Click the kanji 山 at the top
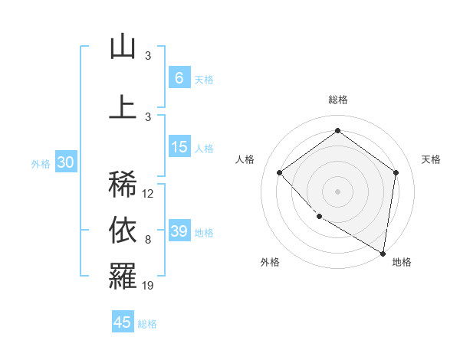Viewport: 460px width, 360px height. [123, 47]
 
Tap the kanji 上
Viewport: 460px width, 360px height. [123, 106]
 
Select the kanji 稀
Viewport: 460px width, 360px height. [123, 185]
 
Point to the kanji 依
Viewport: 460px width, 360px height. [123, 230]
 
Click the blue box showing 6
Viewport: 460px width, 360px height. [179, 78]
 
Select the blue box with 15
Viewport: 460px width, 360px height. [179, 147]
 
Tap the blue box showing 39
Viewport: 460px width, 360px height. [179, 231]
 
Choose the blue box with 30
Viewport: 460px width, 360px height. [66, 162]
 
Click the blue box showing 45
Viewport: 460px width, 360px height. [123, 322]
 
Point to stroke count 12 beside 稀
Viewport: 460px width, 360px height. [148, 194]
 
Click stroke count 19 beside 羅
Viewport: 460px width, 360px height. [148, 286]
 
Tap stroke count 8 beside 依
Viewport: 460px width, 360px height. [147, 240]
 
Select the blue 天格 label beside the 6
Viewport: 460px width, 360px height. [204, 79]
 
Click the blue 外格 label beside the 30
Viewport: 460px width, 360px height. [41, 163]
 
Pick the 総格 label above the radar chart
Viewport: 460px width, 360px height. [337, 100]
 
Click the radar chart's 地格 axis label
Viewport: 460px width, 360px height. [402, 262]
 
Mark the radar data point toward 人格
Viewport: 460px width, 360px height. [280, 172]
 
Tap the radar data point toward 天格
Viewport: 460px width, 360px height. [396, 172]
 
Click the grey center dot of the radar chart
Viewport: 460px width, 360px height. [337, 191]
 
